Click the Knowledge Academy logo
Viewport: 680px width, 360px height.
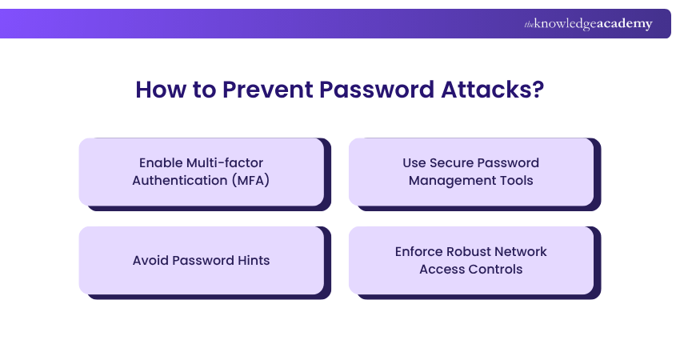coord(588,24)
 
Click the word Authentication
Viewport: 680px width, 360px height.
coord(180,180)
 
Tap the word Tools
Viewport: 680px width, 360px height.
coord(516,180)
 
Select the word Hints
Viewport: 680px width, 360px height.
coord(251,260)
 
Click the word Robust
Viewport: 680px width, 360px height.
coord(476,251)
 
